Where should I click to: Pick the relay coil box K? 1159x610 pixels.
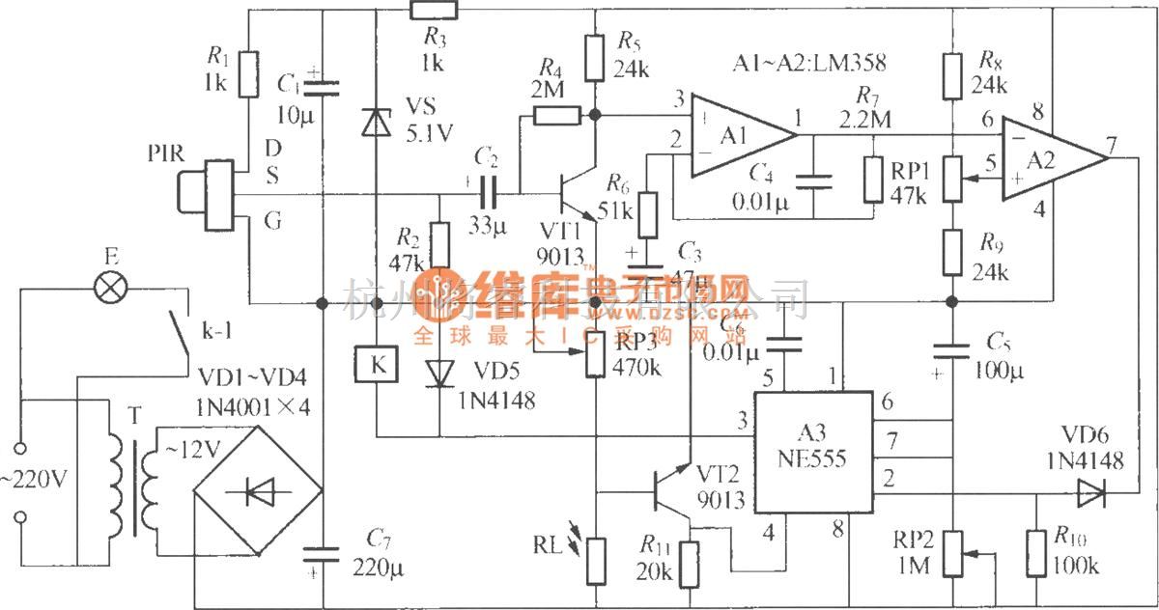pos(376,364)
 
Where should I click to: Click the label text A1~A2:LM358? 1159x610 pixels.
pos(809,64)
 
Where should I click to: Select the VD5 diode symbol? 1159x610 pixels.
pos(440,374)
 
